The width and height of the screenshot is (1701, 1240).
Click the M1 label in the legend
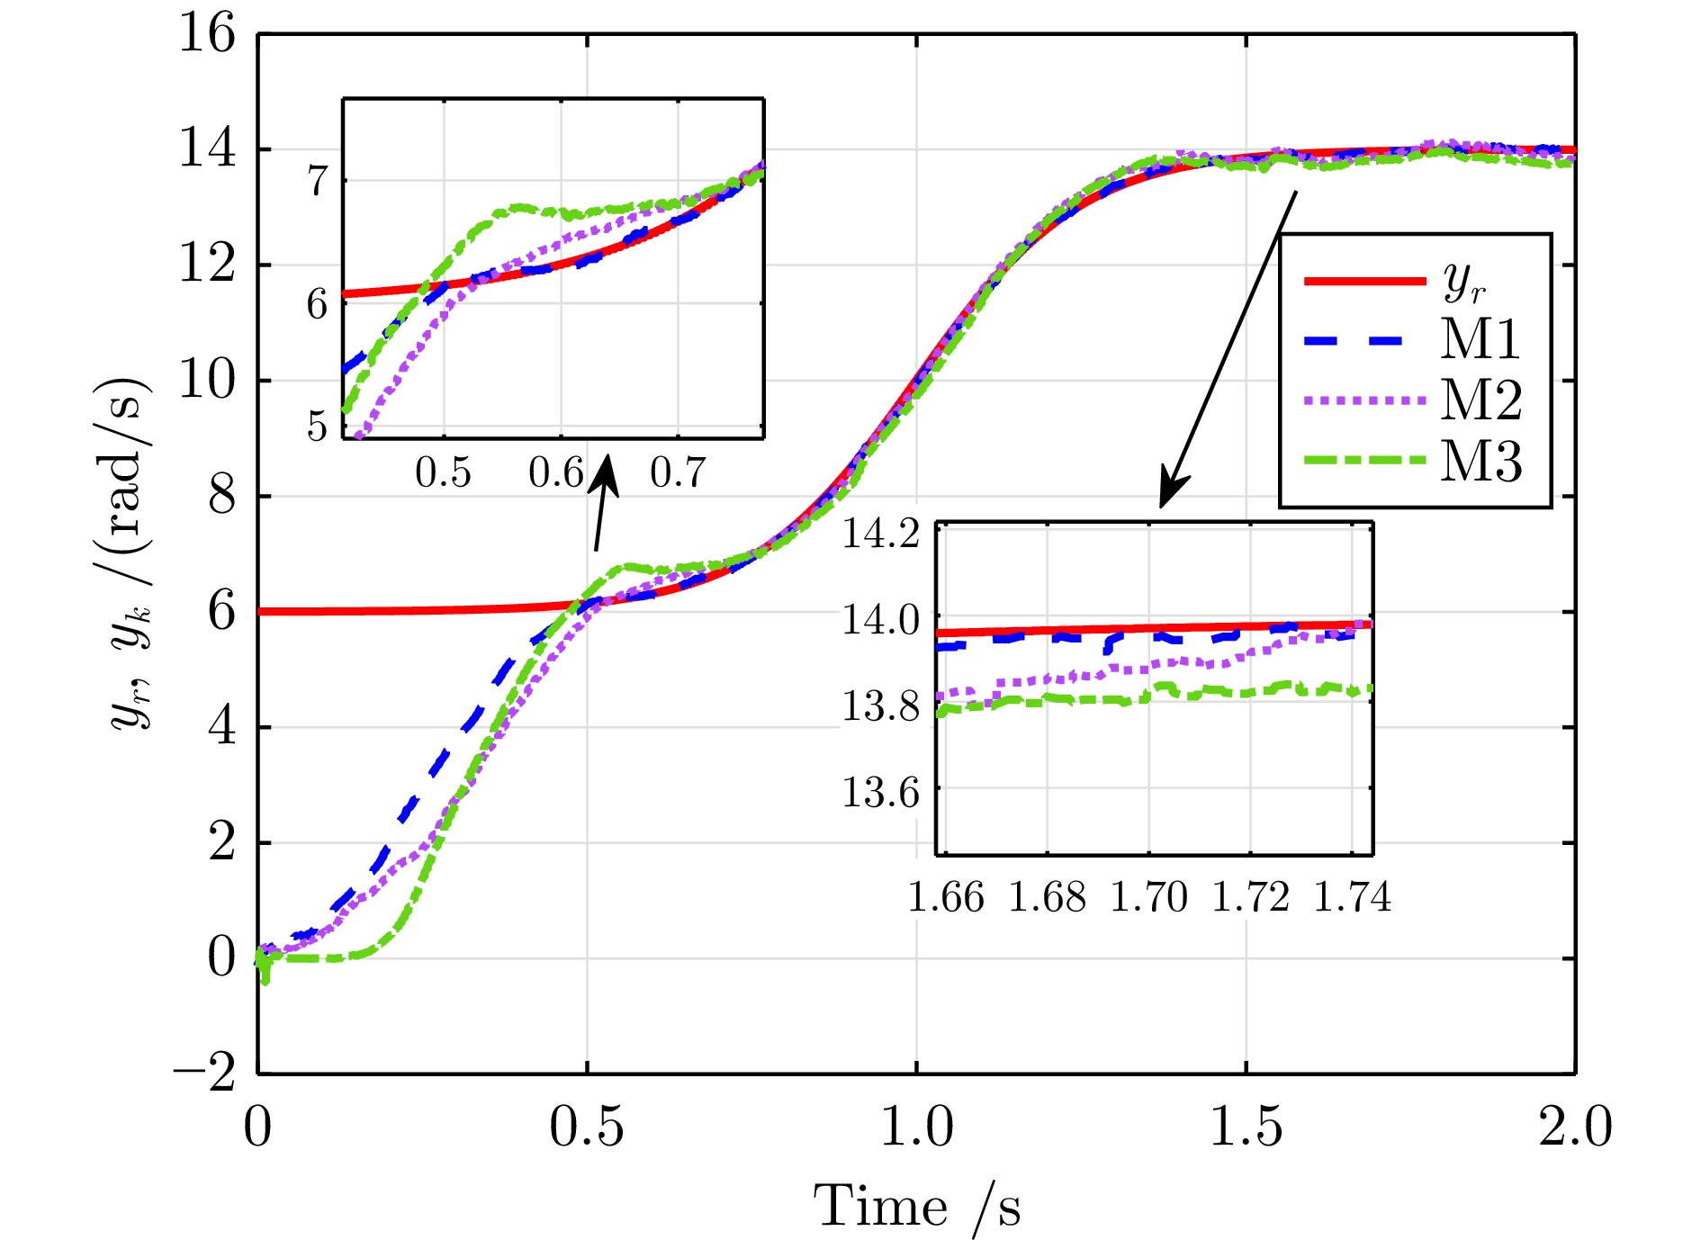click(x=1480, y=339)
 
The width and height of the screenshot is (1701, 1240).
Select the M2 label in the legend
click(x=1481, y=400)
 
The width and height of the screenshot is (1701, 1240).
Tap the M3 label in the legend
click(x=1481, y=461)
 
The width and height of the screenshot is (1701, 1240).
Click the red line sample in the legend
click(x=1364, y=282)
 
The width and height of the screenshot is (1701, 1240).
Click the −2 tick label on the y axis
click(x=205, y=1073)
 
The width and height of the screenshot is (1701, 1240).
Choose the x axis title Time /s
click(x=917, y=1206)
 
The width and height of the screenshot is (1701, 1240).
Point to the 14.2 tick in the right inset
click(x=880, y=534)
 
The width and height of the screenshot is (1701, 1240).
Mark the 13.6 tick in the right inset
click(x=880, y=792)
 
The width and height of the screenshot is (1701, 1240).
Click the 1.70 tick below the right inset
click(x=1149, y=897)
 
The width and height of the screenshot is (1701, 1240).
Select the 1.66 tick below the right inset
click(x=946, y=897)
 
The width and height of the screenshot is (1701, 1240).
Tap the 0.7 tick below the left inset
click(x=678, y=472)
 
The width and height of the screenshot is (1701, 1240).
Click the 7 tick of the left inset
click(x=318, y=181)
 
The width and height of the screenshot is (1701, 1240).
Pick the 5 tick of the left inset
click(x=318, y=426)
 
